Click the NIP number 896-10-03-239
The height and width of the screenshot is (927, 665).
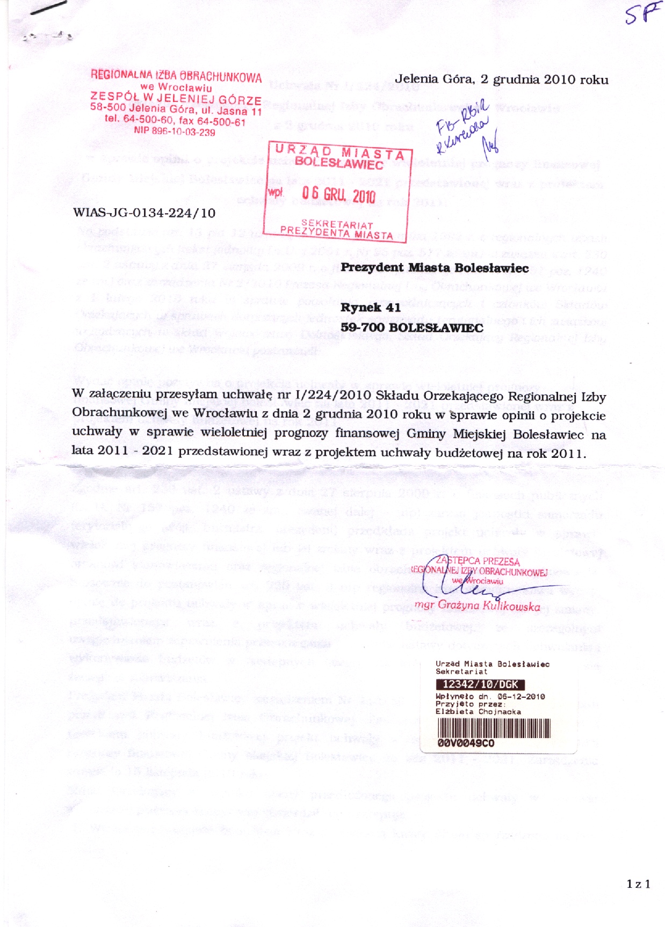[x=175, y=132]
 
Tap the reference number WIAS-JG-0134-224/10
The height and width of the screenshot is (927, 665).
[x=144, y=213]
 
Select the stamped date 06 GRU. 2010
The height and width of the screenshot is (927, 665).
[x=338, y=195]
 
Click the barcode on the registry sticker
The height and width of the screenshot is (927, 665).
[x=494, y=728]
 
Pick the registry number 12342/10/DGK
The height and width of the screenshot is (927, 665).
[x=480, y=684]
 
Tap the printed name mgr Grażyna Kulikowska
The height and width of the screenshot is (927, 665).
[x=477, y=606]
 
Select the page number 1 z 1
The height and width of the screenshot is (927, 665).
[x=638, y=884]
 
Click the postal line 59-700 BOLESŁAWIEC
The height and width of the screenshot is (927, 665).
[x=411, y=327]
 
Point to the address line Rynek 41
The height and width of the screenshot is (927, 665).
[x=370, y=308]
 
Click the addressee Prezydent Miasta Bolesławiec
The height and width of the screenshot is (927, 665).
[x=435, y=267]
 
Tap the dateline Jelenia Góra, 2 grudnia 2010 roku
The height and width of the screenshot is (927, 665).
[x=501, y=79]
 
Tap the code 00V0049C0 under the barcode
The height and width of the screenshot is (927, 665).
[x=466, y=743]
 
